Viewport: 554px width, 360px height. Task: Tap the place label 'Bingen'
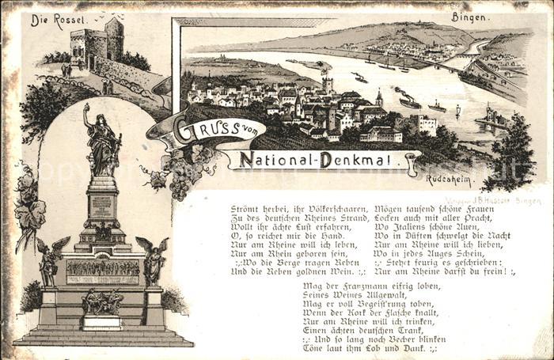[x=469, y=16]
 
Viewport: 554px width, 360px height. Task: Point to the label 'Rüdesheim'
[x=449, y=177]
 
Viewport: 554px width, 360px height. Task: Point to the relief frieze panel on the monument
[x=102, y=270]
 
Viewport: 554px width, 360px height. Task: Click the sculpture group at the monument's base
[x=102, y=301]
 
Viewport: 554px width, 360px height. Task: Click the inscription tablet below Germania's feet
[x=102, y=206]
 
